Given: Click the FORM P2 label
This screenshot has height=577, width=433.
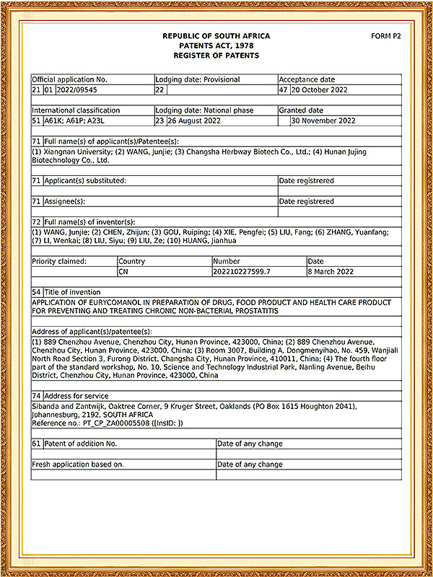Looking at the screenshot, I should [386, 35].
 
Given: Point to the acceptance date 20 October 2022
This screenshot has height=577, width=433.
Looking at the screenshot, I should [319, 90].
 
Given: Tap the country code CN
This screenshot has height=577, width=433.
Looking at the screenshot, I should [124, 272].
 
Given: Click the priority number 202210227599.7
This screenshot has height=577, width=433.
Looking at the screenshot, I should [242, 272].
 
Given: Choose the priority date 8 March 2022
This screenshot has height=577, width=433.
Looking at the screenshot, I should [331, 272].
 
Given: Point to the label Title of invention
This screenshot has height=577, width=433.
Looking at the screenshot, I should [72, 292].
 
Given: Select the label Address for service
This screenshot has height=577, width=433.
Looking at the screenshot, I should [76, 396].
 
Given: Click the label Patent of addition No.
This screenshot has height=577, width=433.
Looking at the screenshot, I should [80, 444].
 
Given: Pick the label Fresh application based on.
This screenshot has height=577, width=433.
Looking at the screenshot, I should [78, 464].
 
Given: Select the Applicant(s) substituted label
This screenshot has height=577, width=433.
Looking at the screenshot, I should [85, 180].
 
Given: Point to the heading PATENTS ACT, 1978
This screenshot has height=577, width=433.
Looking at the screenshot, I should [216, 45].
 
